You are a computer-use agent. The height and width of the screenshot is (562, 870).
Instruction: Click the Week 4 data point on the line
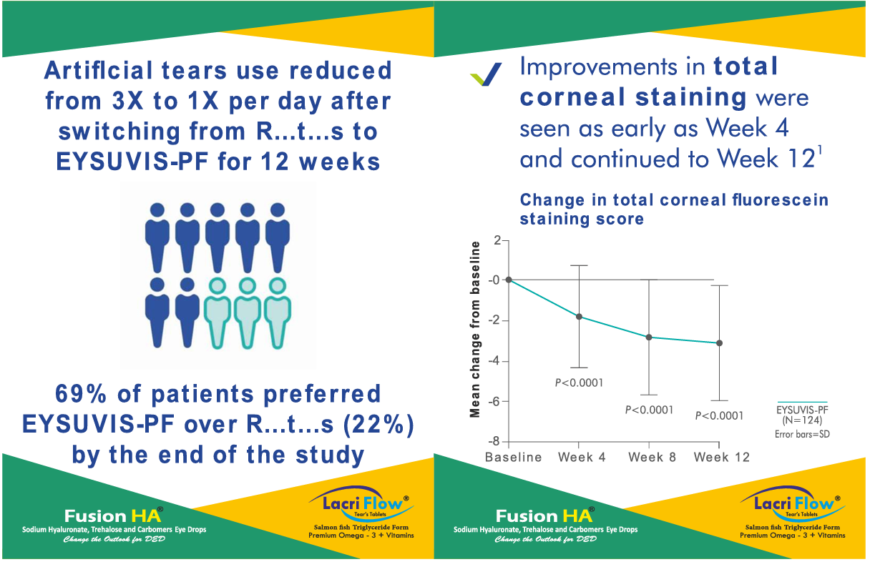(x=579, y=316)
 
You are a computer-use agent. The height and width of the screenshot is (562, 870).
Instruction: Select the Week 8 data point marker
(x=649, y=337)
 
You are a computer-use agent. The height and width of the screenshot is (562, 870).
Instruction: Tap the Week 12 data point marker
(x=719, y=343)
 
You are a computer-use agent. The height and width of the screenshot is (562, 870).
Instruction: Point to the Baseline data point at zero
(x=509, y=280)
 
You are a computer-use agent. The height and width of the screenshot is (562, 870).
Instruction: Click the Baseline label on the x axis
(x=513, y=458)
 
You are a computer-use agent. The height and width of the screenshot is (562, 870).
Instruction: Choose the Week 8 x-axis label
(x=652, y=458)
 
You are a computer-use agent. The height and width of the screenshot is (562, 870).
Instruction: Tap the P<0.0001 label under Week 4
(x=579, y=383)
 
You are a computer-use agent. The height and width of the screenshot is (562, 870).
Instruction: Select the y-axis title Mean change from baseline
(x=475, y=329)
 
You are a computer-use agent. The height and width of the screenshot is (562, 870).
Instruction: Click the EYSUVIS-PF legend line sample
(x=801, y=403)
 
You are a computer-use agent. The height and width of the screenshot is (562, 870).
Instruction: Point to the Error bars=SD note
(x=801, y=434)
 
